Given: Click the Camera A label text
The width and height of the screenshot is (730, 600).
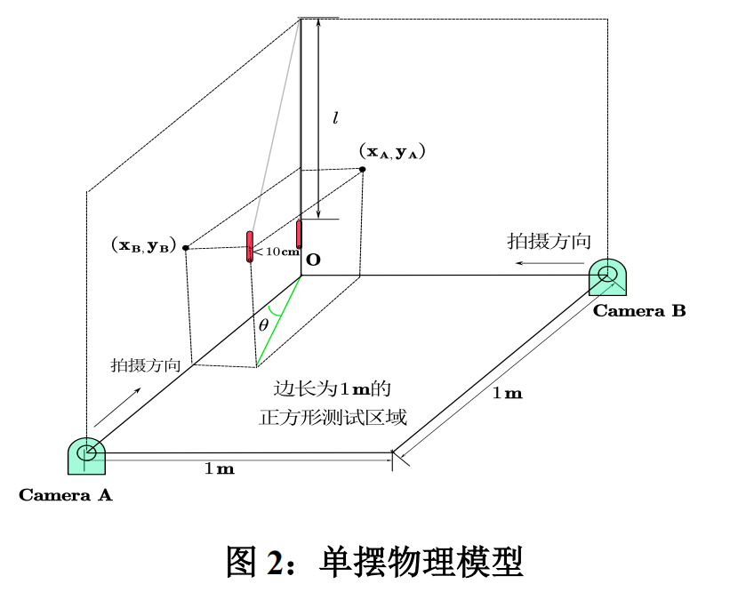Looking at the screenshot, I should point(66,495).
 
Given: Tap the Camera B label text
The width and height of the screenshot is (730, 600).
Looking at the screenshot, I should point(639,311).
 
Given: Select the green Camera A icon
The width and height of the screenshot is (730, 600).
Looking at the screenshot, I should point(87,455).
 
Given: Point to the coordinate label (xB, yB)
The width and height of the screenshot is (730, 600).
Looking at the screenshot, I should point(143,246).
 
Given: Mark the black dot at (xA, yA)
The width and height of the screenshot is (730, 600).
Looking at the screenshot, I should point(363,169).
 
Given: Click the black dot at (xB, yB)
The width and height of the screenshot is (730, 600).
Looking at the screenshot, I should point(185,248).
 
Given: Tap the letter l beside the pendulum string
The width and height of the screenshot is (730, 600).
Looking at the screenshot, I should point(333,116).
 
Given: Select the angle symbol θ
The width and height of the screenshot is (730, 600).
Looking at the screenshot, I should point(263,325).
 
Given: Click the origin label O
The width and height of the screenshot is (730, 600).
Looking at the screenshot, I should point(313,260).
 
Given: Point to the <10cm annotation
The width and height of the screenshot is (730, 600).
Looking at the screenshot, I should point(277,252).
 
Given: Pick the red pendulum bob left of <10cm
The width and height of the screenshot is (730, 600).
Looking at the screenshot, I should point(251,247).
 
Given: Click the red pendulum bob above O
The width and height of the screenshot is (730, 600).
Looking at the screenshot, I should point(300,233).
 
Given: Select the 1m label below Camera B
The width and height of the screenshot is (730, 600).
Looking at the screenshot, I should point(507,393).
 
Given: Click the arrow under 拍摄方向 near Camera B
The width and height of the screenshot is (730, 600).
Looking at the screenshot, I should point(546,264).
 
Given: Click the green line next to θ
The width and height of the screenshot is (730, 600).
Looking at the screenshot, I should point(279,320).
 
